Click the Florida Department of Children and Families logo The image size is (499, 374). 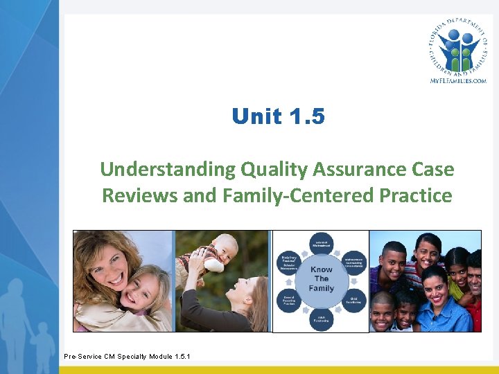(x=457, y=47)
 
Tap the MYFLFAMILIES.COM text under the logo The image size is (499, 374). (x=457, y=81)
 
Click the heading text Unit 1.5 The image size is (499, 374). (x=278, y=116)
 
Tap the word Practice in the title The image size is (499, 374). (x=416, y=195)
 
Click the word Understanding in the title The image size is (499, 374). (x=168, y=169)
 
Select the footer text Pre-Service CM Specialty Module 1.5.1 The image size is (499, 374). (x=127, y=357)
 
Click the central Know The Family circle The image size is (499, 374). (x=321, y=279)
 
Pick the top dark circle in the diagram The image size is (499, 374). (x=321, y=243)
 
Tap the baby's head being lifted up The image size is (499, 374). (x=224, y=247)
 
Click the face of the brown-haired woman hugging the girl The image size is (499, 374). (x=108, y=261)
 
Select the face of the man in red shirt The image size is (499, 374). (x=475, y=270)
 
